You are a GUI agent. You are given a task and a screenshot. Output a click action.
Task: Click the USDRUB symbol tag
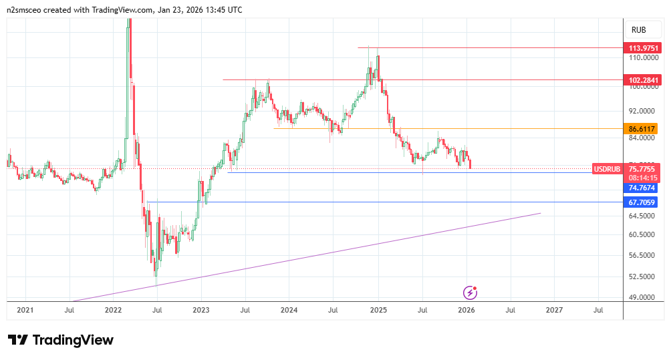[x=608, y=169]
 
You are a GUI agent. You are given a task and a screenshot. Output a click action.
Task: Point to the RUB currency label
[x=638, y=30]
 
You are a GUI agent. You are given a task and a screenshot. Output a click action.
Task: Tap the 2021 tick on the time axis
[x=25, y=310]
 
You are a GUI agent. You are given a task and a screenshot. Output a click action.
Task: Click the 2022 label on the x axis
[x=113, y=310]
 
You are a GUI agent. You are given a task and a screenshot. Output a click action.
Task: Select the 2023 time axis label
[x=200, y=310]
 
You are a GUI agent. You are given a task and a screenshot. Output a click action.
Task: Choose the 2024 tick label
[x=289, y=310]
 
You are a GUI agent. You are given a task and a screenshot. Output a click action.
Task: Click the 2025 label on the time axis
[x=378, y=310]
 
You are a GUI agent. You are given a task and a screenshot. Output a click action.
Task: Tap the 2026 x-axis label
[x=466, y=310]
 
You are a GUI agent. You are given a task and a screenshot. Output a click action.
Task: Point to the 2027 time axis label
[x=554, y=310]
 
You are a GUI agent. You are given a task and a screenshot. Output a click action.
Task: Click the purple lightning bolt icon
[x=471, y=292]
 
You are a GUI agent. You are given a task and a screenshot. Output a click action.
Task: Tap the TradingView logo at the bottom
[x=61, y=340]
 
